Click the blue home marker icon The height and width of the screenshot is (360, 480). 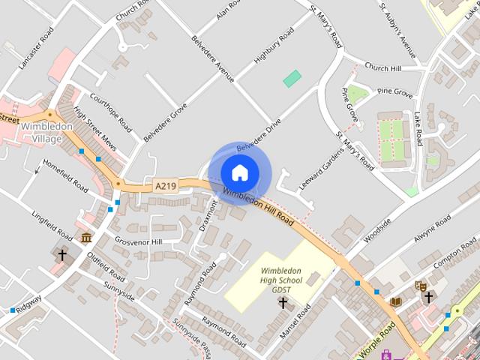coord(239,173)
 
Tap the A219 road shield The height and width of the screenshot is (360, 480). coord(165,185)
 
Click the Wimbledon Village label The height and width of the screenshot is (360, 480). coord(46,132)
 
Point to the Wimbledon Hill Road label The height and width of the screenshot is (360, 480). coord(258,207)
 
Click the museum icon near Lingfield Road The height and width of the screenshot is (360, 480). coord(87,238)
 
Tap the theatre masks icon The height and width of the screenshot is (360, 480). coord(421,286)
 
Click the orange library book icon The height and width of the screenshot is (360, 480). coord(396,301)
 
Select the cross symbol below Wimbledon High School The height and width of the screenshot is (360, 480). coord(283,303)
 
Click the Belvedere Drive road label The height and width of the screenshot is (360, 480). coord(258,134)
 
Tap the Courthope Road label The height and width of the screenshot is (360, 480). coord(110,112)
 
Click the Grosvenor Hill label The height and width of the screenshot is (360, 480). coord(138,241)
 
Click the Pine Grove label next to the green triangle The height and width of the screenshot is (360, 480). coord(395,91)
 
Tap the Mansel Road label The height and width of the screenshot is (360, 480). coord(294,322)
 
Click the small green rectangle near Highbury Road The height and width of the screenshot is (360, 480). coord(292,78)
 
